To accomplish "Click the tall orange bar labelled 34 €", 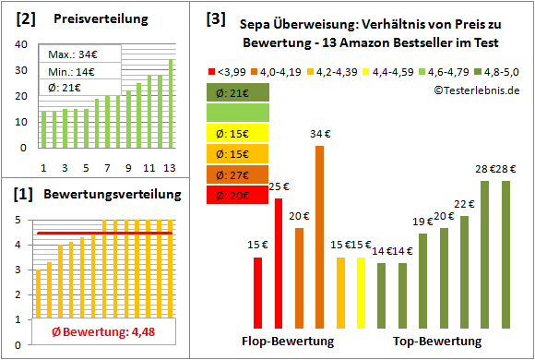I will pyautogui.click(x=319, y=237).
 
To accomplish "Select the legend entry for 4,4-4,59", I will pyautogui.click(x=388, y=71).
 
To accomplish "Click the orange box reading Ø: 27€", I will pyautogui.click(x=237, y=174).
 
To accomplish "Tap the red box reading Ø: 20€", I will pyautogui.click(x=237, y=194).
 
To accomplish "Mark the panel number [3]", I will pyautogui.click(x=215, y=18).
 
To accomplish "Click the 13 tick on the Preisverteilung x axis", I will pyautogui.click(x=171, y=168).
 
